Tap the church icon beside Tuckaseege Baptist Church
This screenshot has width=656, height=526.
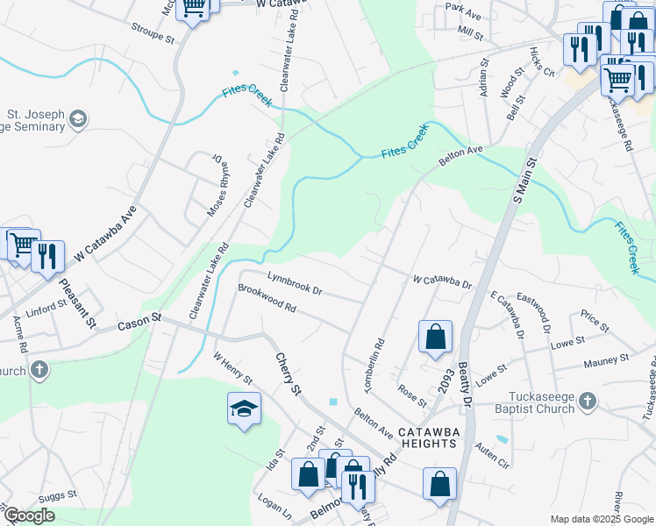pos(587,402)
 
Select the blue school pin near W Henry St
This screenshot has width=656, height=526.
pos(244,408)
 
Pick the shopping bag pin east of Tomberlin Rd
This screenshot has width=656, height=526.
pos(435,337)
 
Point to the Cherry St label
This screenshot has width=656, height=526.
pos(288,373)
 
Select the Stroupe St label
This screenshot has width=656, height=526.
pos(153,39)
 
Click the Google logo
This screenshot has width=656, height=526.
pos(29,515)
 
